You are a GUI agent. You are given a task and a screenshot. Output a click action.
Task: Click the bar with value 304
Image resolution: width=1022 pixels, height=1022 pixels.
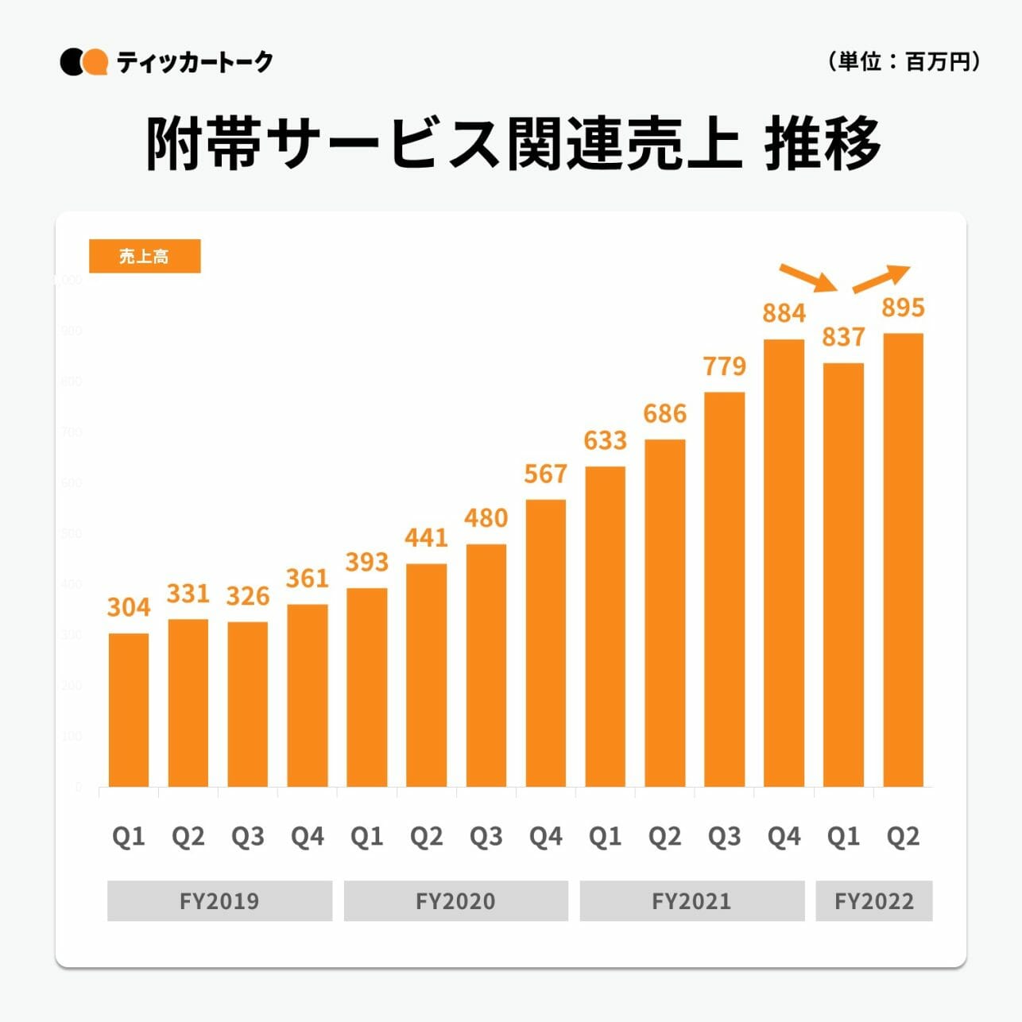click(129, 710)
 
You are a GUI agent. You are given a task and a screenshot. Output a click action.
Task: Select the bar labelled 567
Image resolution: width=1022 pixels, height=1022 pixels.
click(546, 643)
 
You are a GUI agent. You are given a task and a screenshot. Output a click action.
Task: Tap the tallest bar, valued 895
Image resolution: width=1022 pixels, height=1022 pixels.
click(904, 560)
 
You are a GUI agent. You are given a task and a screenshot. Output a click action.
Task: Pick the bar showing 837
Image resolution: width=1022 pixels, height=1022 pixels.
click(843, 575)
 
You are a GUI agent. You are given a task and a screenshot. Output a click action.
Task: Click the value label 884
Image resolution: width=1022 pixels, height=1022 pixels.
click(784, 314)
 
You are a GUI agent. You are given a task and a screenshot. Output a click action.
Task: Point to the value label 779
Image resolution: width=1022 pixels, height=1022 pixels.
click(725, 366)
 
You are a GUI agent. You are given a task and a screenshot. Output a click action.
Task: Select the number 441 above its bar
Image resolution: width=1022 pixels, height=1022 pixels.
click(426, 538)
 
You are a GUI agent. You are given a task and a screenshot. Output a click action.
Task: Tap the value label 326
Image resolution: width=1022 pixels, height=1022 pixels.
click(248, 596)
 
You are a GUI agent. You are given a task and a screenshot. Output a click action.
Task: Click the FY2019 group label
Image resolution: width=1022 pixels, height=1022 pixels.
click(219, 901)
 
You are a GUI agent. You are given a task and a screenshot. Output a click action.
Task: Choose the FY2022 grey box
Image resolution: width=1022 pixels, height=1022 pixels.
click(874, 901)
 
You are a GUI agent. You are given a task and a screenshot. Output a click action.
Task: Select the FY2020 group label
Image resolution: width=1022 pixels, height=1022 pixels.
click(455, 901)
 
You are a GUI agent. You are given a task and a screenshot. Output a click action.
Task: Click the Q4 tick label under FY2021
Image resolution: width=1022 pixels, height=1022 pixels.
click(784, 836)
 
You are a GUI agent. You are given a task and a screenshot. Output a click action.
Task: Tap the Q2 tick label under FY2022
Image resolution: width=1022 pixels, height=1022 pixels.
click(904, 836)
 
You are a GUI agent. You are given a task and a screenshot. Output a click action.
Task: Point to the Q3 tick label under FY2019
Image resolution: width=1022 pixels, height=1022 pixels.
click(248, 836)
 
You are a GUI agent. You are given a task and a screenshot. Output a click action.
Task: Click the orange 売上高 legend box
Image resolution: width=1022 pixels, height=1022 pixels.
click(145, 257)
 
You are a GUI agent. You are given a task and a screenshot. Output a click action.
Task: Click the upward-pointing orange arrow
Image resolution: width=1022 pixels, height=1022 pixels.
click(881, 278)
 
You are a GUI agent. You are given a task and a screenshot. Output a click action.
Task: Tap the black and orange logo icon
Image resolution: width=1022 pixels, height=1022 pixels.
click(83, 62)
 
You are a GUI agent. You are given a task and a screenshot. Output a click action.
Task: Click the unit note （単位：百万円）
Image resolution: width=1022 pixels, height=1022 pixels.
click(904, 61)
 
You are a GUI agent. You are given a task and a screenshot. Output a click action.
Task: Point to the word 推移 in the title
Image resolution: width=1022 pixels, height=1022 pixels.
click(823, 144)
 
